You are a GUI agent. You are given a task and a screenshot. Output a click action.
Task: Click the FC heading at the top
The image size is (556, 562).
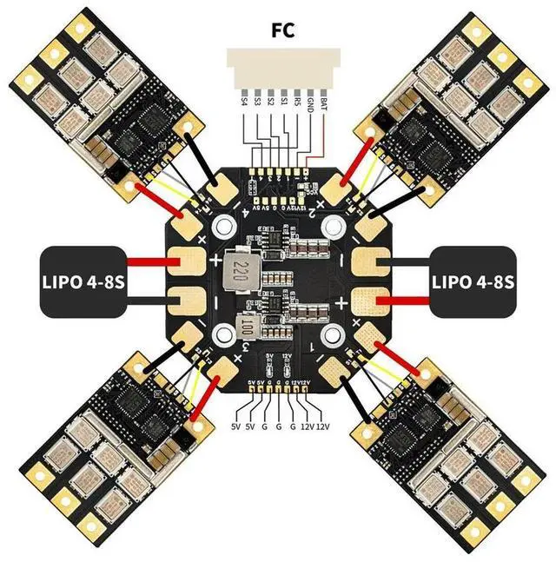coord(283,31)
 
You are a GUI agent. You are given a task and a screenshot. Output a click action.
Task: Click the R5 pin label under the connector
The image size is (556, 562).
coord(298,102)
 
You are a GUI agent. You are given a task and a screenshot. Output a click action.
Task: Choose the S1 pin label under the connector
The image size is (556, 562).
coord(285,102)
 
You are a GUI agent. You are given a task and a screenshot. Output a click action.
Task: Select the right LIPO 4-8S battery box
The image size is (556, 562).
coord(473,281)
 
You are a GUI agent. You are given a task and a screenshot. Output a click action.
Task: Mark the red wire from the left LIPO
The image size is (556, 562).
coord(149,261)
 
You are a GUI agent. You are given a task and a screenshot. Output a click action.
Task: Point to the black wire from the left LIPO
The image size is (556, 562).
coord(149,303)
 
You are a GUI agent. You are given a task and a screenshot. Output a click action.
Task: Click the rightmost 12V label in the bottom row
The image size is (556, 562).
coord(325,427)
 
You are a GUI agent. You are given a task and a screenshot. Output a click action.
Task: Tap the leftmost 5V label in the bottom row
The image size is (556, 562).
coord(235,427)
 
